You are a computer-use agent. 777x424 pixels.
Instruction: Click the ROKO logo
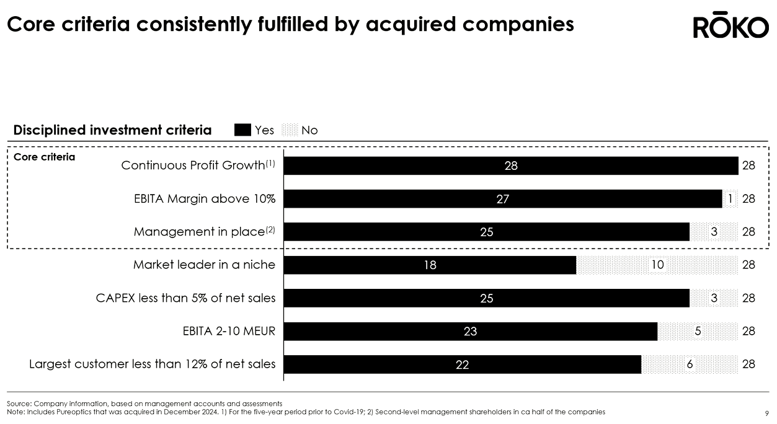coord(730,27)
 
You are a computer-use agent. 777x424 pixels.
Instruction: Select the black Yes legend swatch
coord(242,130)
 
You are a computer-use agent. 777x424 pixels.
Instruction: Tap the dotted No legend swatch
coord(290,130)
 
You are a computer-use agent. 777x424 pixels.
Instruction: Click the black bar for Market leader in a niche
coord(430,265)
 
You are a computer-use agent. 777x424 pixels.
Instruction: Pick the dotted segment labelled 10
coord(657,265)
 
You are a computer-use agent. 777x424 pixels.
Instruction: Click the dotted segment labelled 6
coord(690,364)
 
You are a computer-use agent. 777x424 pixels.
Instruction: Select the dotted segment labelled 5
coord(698,332)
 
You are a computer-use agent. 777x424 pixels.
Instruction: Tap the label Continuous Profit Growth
coord(193,166)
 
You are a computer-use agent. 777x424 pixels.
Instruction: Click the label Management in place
coord(199,232)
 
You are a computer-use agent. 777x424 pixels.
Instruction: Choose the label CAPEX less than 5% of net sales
coord(185,298)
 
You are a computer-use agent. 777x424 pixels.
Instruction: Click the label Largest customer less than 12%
coord(152,364)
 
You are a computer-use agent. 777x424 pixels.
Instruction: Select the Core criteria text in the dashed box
coord(44,157)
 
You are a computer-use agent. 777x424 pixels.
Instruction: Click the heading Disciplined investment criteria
coord(112,130)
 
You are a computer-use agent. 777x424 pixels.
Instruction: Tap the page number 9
coord(767,413)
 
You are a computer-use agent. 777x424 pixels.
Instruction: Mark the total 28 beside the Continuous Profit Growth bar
coord(748,166)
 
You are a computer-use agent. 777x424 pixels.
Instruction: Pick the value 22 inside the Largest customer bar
coord(462,365)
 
